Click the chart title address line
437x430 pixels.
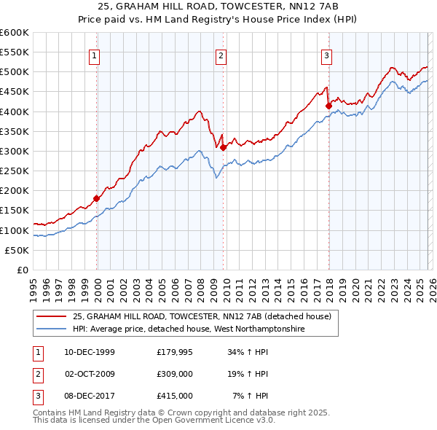(218, 6)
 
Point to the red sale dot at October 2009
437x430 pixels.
(223, 147)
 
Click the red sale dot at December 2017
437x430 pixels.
(328, 106)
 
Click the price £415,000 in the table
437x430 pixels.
(175, 396)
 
